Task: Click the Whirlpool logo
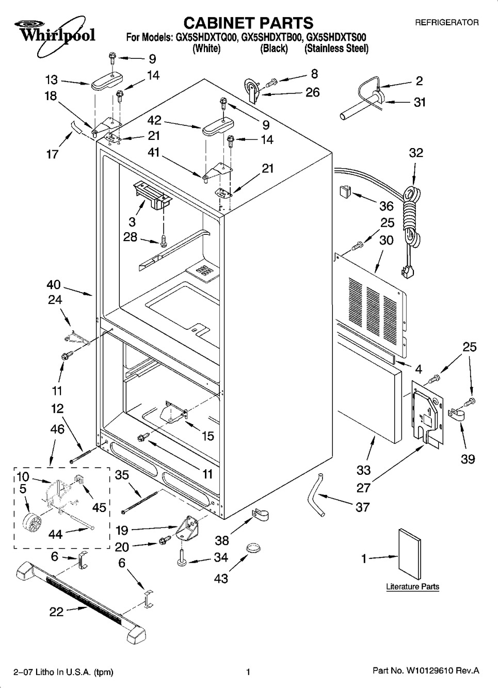(x=51, y=33)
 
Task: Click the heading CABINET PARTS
(x=248, y=23)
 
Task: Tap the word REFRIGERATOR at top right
(x=446, y=22)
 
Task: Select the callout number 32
(x=416, y=153)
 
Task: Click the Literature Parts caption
(x=412, y=586)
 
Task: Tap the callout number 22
(x=56, y=612)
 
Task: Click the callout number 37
(x=362, y=507)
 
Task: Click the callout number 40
(x=54, y=284)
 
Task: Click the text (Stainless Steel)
(x=336, y=49)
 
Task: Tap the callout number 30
(x=386, y=240)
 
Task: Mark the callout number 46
(x=57, y=428)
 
